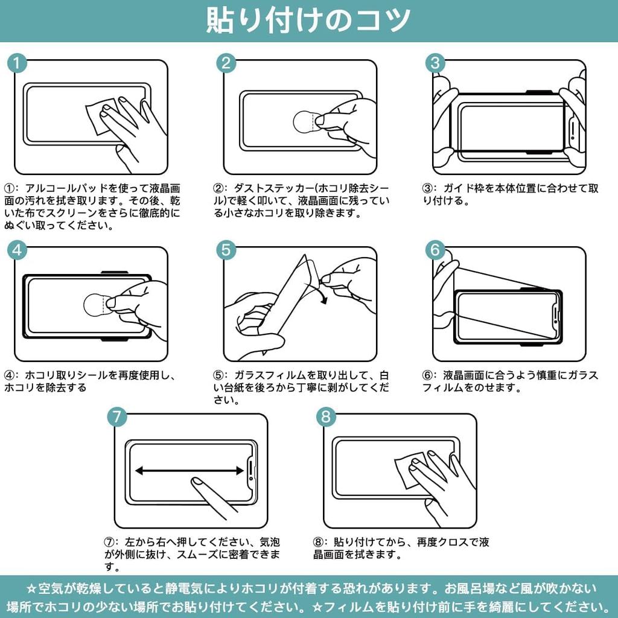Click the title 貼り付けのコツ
point(308,21)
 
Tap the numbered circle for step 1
point(18,63)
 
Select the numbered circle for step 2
point(226,63)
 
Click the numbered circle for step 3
point(435,63)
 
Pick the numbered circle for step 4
point(18,250)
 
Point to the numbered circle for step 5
point(226,250)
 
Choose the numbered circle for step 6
point(435,250)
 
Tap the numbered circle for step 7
point(117,416)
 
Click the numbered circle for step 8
point(326,416)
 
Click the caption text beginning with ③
point(510,194)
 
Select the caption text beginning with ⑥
point(510,381)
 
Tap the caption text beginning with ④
point(91,381)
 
